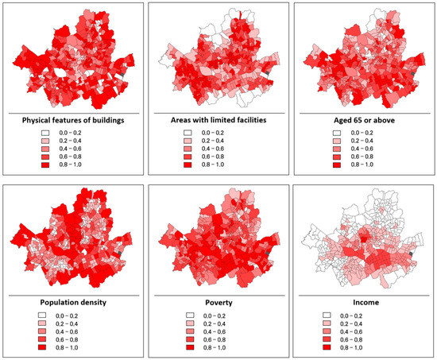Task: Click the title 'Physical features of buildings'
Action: click(x=73, y=120)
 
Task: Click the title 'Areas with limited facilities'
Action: click(x=218, y=120)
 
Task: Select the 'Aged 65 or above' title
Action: click(x=363, y=120)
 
